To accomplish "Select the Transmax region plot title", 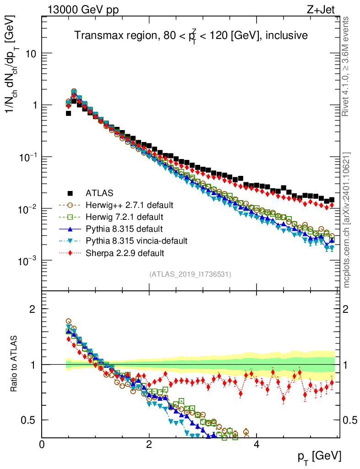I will pos(191,36).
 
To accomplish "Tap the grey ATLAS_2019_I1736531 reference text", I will pos(190,274).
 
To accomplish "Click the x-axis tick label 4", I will pos(256,445).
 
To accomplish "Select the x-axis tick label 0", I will pos(42,445).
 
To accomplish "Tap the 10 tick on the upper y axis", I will pos(31,54).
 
